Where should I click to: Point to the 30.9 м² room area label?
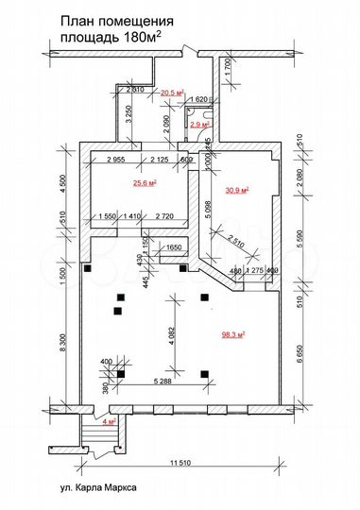tap(234, 191)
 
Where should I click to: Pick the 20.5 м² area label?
tap(171, 93)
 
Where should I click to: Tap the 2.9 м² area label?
tap(199, 124)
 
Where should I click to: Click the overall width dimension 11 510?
tap(184, 462)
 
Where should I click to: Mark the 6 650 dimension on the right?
tap(300, 355)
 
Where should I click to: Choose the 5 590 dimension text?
tap(300, 244)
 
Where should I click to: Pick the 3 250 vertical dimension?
tap(128, 118)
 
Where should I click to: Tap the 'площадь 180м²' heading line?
tap(110, 35)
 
